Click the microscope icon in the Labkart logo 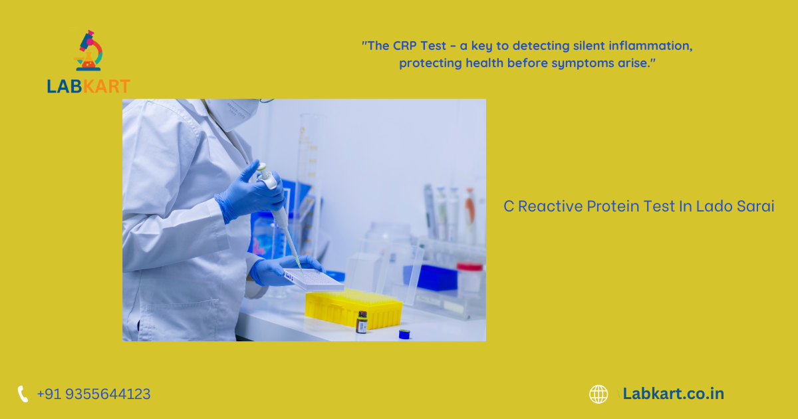click(88, 51)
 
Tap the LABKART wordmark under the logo click(88, 86)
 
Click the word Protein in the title click(613, 206)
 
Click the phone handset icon click(23, 394)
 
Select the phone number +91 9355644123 click(94, 394)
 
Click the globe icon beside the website click(598, 394)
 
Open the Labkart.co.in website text click(673, 394)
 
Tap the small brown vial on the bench click(362, 323)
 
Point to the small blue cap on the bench click(404, 334)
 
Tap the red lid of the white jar click(469, 267)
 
